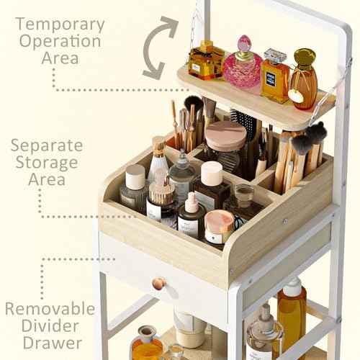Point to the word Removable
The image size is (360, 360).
pos(50,309)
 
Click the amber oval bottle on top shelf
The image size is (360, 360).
pos(304,79)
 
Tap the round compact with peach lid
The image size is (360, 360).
pos(225,135)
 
